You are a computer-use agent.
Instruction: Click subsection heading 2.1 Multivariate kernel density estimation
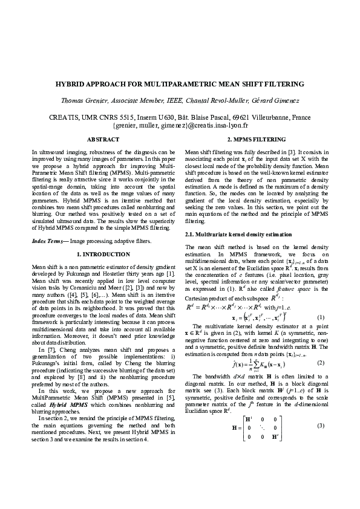[234, 233]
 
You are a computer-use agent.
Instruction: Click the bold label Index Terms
[47, 241]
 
